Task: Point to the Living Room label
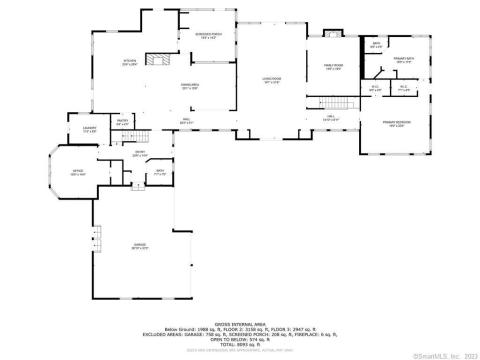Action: click(270, 82)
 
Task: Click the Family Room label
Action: click(333, 68)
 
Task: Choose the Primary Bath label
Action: click(404, 61)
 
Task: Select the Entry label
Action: click(140, 154)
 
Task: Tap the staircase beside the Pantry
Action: click(144, 134)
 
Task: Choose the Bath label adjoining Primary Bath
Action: click(377, 46)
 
